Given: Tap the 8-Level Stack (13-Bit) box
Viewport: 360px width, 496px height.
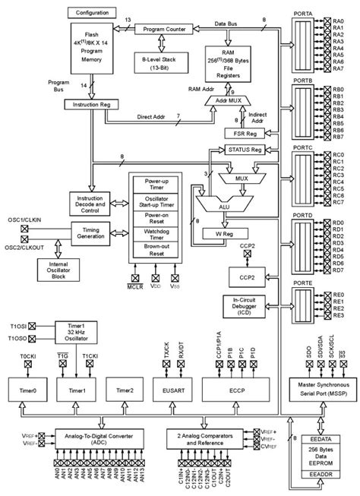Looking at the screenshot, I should (x=163, y=62).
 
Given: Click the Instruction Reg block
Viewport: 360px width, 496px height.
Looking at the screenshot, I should (x=92, y=103).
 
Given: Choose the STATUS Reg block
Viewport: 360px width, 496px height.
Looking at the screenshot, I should (x=247, y=151).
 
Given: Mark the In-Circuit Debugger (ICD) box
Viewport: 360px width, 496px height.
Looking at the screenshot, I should (x=247, y=305).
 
